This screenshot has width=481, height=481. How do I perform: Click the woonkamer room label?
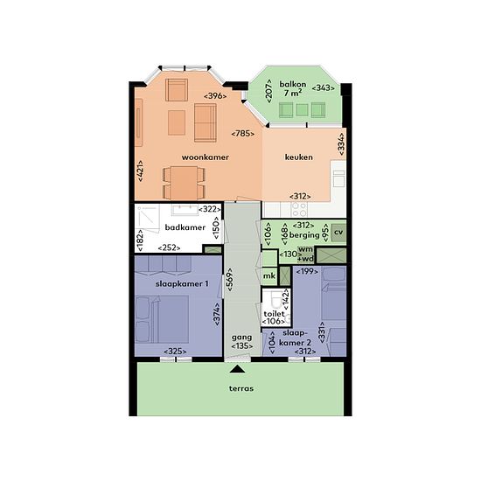206,157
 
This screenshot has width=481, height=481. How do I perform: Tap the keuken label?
299,157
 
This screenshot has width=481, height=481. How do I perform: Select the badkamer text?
185,227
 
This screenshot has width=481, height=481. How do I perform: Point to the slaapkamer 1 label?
182,283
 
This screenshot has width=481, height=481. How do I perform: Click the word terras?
241,388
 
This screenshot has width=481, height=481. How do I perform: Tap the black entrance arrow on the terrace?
237,369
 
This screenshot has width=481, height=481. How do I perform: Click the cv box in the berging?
338,233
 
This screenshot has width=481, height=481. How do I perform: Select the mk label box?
269,275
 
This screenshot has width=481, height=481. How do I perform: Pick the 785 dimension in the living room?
242,134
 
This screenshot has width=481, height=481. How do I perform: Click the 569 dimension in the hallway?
230,280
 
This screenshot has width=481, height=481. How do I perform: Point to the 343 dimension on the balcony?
323,88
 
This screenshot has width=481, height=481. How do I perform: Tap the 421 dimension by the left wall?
140,171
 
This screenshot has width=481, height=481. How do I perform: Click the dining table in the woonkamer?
184,183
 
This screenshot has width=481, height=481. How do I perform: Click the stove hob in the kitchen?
299,210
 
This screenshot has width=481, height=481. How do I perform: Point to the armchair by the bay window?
177,90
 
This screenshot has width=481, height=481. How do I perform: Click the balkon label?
293,84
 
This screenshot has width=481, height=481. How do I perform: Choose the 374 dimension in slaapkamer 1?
217,314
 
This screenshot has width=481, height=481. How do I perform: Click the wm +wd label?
305,254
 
